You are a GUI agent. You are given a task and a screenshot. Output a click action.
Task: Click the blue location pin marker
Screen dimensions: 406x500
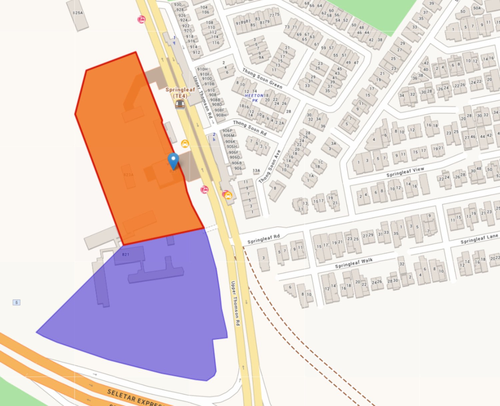click(x=173, y=161)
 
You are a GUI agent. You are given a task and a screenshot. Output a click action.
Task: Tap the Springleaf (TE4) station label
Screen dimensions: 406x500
click(x=180, y=92)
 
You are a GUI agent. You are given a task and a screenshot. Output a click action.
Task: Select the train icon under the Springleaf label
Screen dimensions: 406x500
click(x=180, y=104)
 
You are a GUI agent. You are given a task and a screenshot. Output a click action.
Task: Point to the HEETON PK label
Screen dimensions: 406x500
click(x=254, y=98)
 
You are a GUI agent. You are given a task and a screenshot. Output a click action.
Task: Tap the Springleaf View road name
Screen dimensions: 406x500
click(x=405, y=172)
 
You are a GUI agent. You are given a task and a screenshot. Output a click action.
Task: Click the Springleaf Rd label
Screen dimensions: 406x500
click(x=263, y=239)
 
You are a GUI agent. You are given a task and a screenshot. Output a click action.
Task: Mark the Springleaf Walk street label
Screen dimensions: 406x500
click(x=354, y=263)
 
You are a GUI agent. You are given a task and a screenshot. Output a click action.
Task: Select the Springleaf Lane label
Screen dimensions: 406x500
click(x=479, y=239)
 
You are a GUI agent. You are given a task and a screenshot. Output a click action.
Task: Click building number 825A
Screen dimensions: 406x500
click(x=78, y=13)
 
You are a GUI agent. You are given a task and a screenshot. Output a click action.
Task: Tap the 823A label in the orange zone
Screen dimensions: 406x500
click(x=128, y=175)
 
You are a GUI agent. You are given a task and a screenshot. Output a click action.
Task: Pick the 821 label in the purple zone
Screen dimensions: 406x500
click(x=126, y=254)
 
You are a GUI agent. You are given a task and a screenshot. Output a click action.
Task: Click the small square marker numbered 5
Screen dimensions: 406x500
click(x=16, y=302)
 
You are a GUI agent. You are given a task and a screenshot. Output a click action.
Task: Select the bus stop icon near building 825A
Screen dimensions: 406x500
click(x=141, y=20)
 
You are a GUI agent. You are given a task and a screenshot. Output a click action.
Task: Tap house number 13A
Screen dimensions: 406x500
click(x=256, y=171)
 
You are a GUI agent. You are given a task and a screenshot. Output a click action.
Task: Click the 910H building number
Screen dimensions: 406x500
click(x=202, y=69)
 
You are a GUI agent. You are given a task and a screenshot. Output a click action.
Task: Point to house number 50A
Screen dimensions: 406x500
click(x=477, y=8)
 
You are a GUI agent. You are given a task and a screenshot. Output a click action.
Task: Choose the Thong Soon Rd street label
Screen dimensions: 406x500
click(x=250, y=128)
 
